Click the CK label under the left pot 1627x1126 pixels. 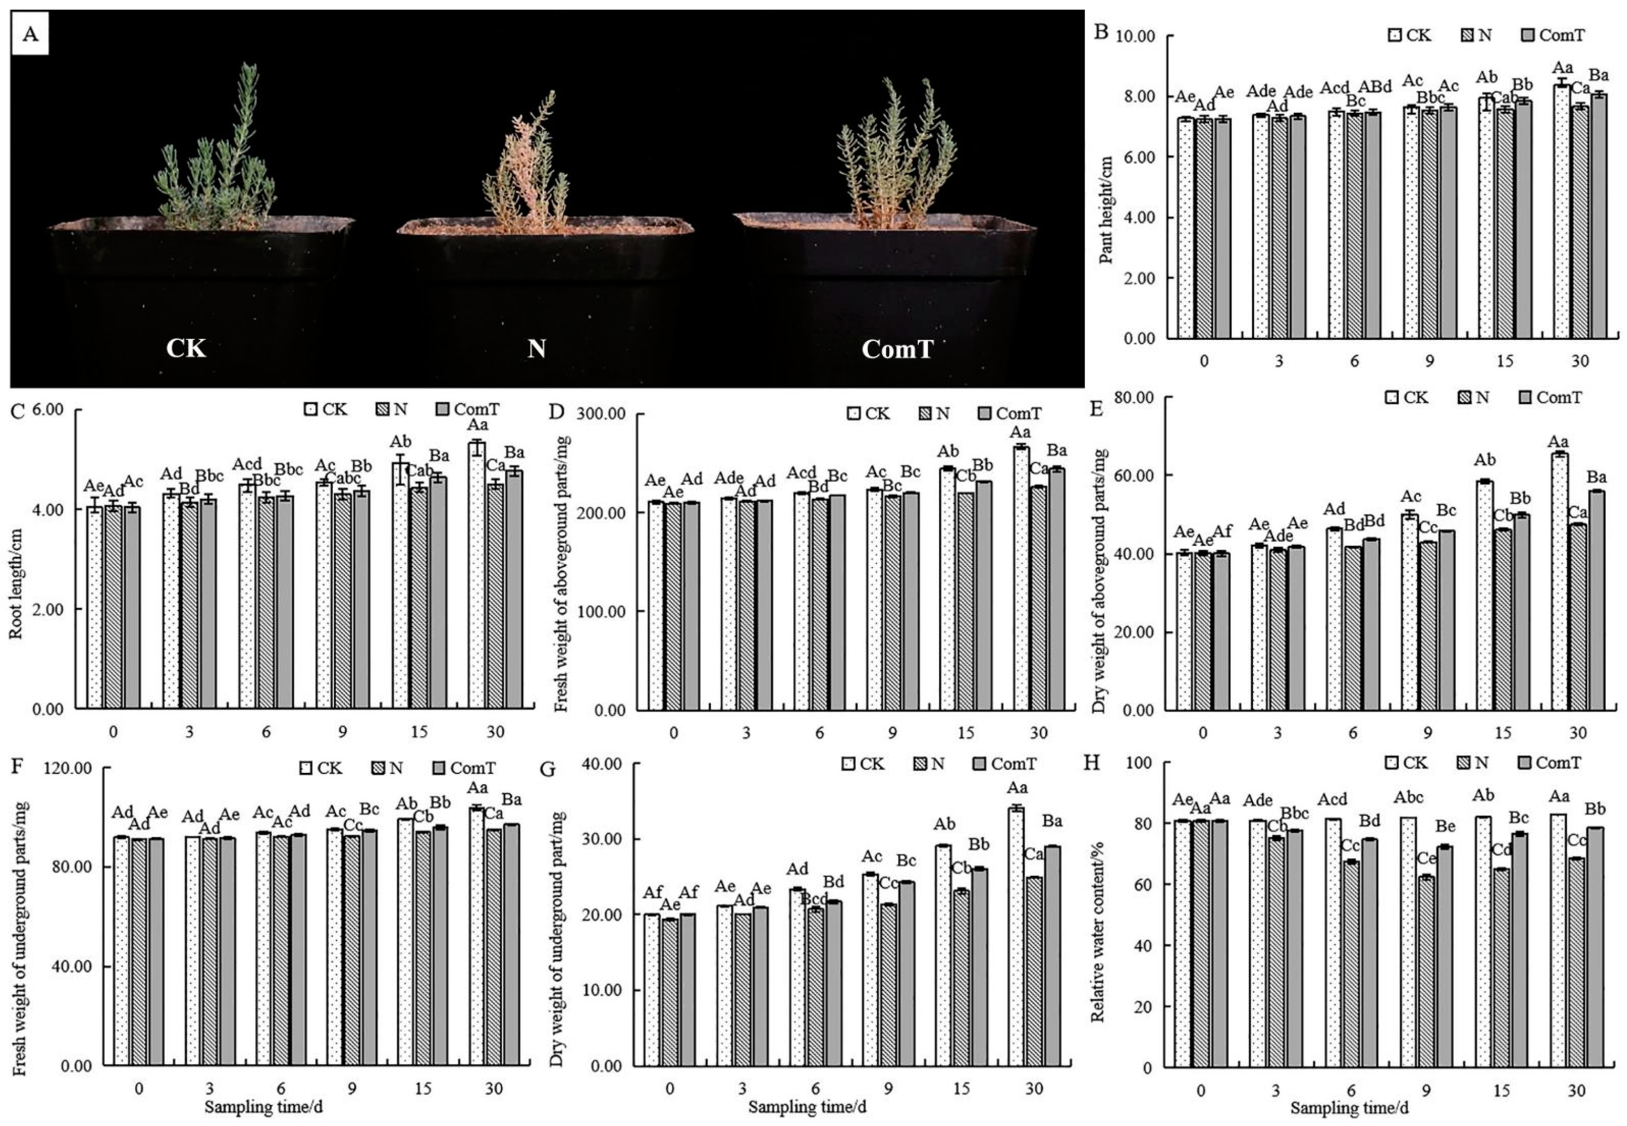point(185,349)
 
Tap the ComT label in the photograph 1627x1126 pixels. point(897,349)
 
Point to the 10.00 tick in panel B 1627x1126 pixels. point(1135,36)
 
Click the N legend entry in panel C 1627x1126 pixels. point(392,409)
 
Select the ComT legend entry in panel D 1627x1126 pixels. point(1010,414)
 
